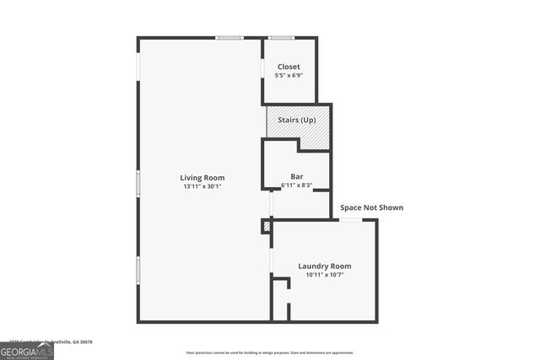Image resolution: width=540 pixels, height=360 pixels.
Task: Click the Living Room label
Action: [x=202, y=177]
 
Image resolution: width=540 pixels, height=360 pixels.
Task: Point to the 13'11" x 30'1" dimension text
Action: [x=202, y=186]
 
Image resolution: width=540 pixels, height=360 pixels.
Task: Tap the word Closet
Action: [x=289, y=67]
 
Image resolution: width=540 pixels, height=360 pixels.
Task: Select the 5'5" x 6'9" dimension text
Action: [x=289, y=76]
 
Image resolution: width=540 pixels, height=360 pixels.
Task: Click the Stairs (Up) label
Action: [x=296, y=121]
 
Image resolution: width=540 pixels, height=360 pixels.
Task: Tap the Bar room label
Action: [x=296, y=176]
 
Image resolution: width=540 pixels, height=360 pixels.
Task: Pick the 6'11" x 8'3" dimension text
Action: [x=296, y=185]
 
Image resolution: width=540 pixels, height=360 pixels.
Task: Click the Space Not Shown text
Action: [x=371, y=207]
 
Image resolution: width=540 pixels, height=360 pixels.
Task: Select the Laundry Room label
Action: [x=324, y=266]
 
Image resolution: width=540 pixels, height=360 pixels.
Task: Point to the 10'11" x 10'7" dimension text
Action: [x=324, y=275]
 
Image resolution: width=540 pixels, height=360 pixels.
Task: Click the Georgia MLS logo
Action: [x=27, y=350]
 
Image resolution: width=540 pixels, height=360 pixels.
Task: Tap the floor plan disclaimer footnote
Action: [x=270, y=352]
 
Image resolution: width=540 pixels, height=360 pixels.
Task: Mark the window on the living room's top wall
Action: [x=229, y=37]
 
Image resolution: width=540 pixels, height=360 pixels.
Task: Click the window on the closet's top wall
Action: [x=281, y=37]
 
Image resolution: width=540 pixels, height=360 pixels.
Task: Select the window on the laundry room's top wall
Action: [x=351, y=219]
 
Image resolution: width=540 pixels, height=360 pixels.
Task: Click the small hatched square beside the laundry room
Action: [x=267, y=226]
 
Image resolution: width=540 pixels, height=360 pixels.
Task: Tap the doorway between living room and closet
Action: [x=262, y=67]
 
